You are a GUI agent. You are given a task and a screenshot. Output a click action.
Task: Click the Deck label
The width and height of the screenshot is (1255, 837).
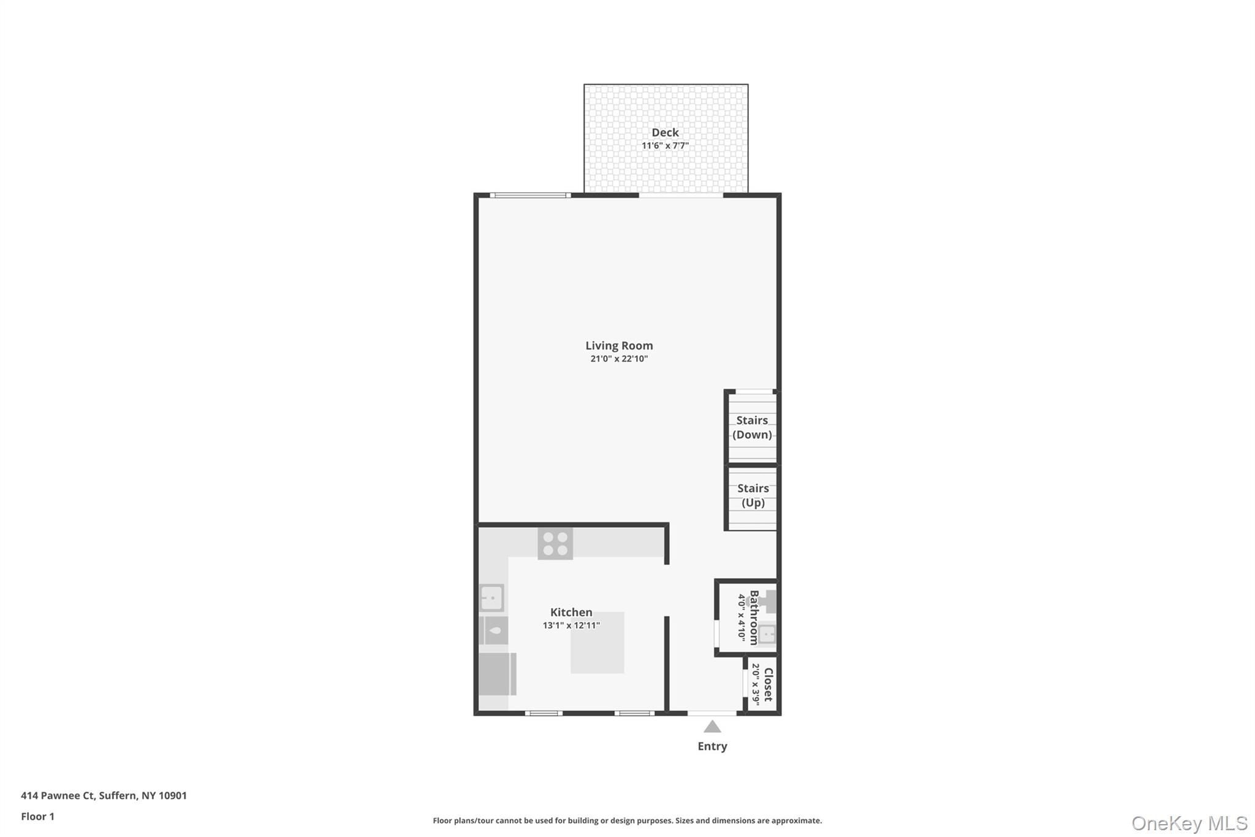pos(665,132)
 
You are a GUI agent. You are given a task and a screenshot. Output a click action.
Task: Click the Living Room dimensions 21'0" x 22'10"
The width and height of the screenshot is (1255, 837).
pos(619,359)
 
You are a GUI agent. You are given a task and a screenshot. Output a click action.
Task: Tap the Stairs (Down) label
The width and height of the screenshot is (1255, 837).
pos(752,427)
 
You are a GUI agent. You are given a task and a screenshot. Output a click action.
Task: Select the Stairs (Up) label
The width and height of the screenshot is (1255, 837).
pos(753,495)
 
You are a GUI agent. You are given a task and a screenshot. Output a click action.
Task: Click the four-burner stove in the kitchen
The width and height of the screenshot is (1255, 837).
pos(555,543)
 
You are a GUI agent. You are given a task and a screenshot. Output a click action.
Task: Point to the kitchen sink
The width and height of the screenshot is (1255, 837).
pos(491,598)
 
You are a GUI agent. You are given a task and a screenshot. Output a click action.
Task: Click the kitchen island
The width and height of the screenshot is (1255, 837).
pos(597,643)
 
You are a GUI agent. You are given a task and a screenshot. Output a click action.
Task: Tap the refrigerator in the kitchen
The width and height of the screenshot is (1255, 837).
pos(497,674)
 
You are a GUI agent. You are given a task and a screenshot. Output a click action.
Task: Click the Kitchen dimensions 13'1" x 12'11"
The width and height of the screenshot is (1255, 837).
pos(571,625)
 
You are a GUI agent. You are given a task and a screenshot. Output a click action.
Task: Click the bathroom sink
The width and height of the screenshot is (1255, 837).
pos(767,634)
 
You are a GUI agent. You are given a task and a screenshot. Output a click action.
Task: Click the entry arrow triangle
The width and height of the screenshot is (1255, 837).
pos(712,727)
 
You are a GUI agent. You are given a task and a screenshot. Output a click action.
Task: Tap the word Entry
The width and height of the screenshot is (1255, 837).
pos(712,746)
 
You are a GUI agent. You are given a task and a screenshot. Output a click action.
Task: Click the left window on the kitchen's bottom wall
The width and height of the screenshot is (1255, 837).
pos(544,713)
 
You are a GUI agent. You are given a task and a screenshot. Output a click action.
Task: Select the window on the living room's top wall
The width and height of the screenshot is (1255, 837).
pos(530,196)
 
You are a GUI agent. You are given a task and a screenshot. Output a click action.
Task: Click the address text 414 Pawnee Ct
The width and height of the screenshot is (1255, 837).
pos(58,795)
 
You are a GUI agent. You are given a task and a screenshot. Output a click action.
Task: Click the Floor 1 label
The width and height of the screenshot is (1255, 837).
pos(37,816)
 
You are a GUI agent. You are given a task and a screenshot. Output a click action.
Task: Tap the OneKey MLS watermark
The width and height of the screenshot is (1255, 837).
pos(1189,823)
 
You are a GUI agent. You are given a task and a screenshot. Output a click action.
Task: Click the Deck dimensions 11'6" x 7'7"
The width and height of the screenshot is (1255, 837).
pos(665,146)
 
